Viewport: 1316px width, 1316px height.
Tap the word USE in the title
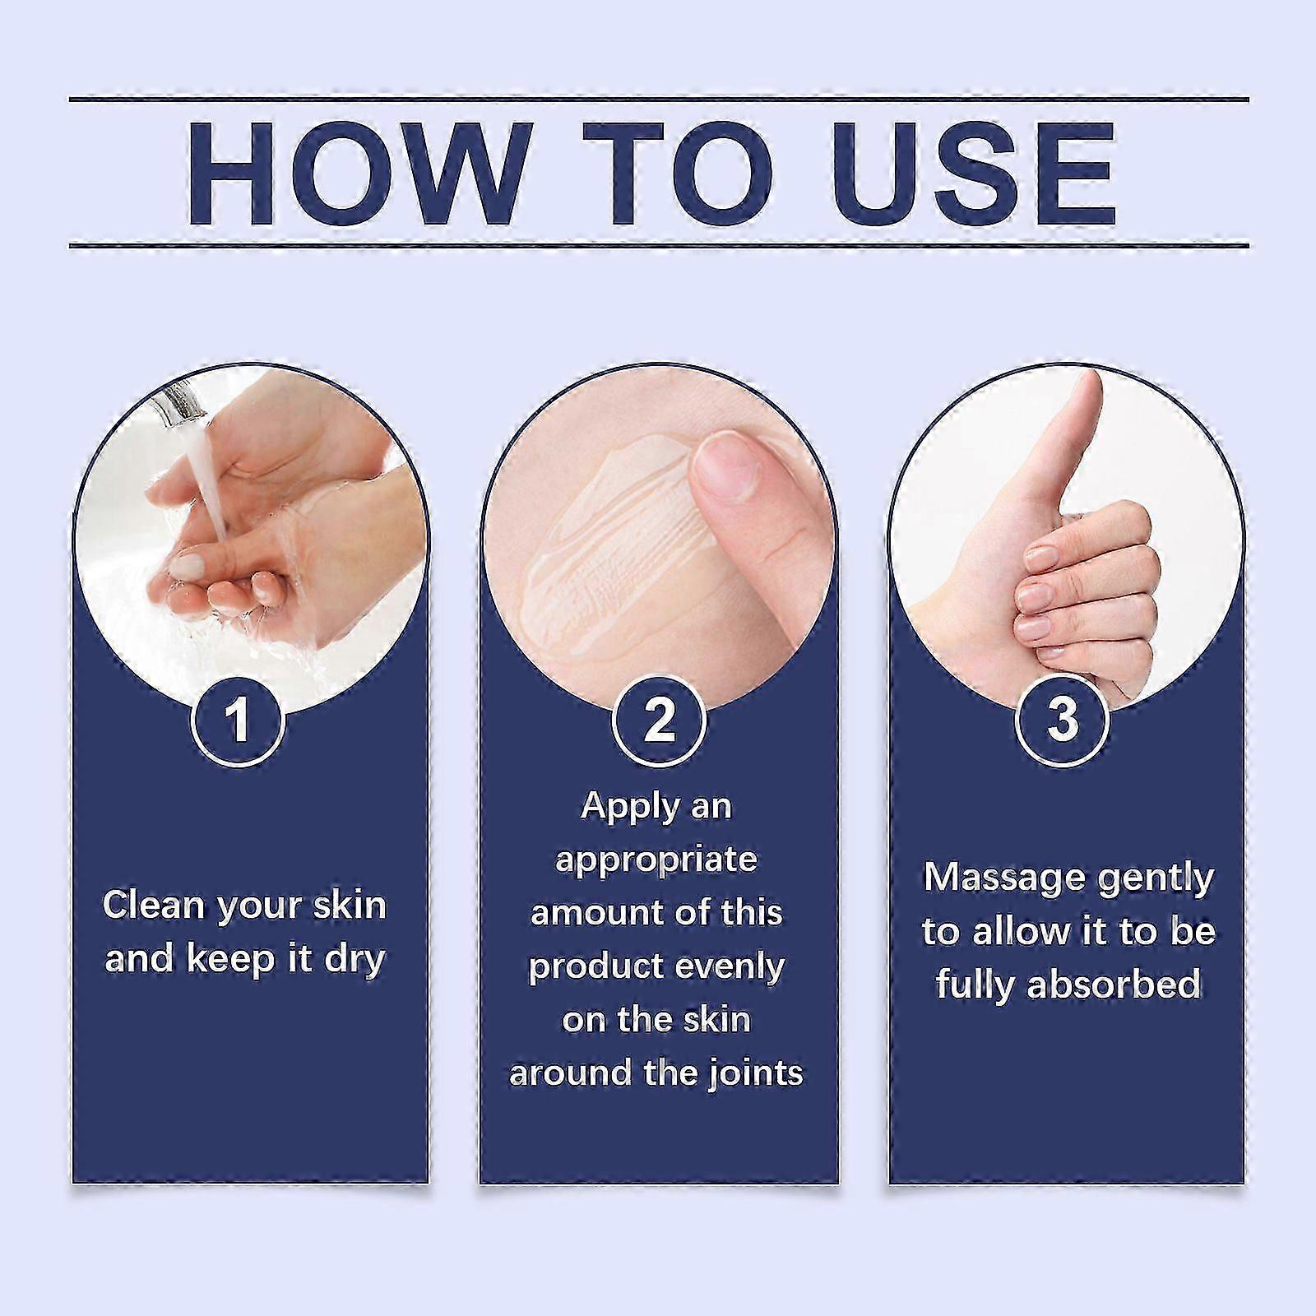point(973,174)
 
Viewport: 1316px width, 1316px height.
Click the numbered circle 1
point(238,720)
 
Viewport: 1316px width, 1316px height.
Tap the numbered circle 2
point(659,720)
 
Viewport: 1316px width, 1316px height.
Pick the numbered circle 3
point(1063,718)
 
